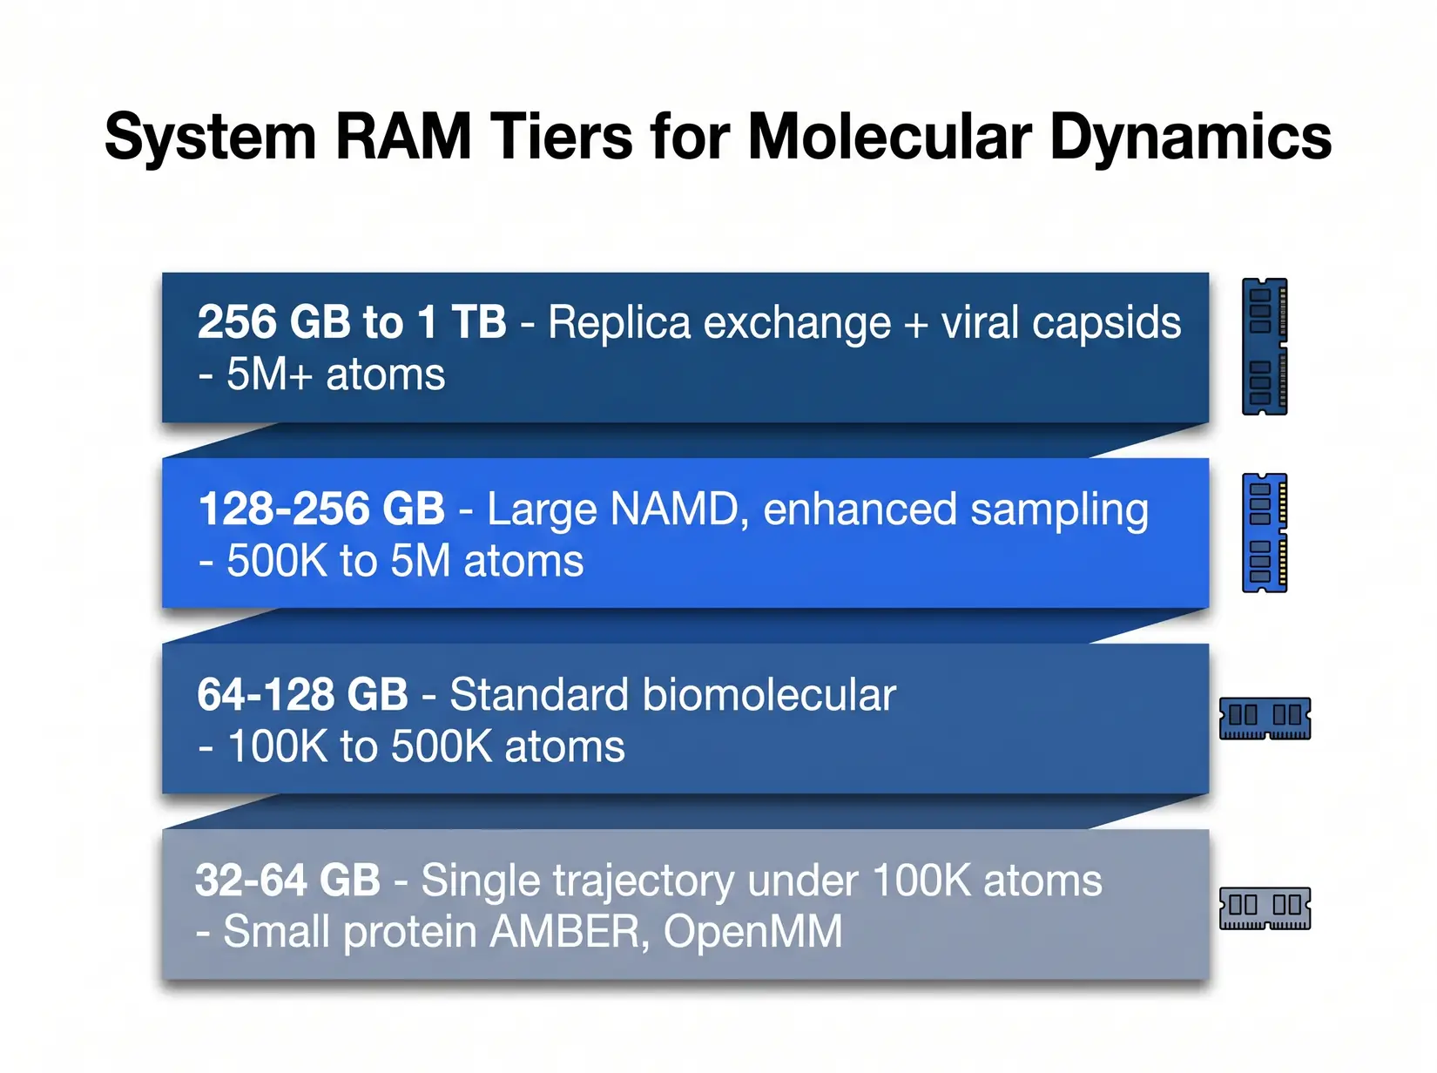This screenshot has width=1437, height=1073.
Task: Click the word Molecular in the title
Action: tap(889, 137)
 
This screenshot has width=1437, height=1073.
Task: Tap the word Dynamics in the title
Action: tap(1191, 137)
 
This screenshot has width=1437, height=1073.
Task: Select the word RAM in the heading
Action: tap(402, 137)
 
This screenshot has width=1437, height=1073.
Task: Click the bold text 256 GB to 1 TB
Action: tap(352, 322)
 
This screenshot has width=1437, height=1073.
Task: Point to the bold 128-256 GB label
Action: tap(321, 509)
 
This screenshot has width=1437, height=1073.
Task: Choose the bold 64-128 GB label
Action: tap(302, 695)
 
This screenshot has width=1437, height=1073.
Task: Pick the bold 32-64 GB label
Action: tap(287, 881)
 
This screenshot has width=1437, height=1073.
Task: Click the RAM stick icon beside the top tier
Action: tap(1265, 347)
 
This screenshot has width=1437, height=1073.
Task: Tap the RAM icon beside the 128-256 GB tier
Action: tap(1265, 532)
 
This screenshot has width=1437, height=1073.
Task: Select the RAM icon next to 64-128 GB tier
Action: tap(1265, 719)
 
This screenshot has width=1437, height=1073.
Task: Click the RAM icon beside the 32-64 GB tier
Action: tap(1265, 908)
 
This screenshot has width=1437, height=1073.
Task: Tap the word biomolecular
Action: tap(768, 695)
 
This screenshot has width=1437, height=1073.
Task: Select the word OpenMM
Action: tap(752, 932)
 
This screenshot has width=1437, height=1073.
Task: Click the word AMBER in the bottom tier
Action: tap(568, 932)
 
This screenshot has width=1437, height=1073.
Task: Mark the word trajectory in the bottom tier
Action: tap(644, 882)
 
